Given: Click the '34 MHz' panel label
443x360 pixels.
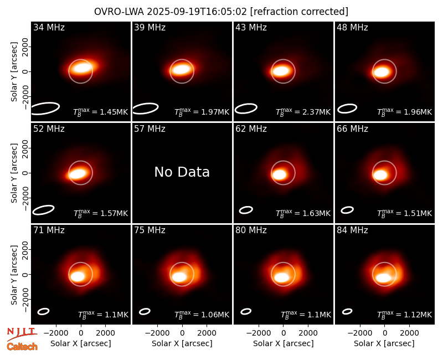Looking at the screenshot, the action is tap(49, 27).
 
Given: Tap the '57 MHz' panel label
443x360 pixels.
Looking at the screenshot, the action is tap(150, 129).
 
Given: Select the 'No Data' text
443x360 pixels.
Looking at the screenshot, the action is tap(182, 172).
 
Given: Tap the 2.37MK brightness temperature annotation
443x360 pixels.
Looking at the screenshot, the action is tap(303, 112).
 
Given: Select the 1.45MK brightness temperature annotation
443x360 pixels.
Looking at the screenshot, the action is tap(101, 112).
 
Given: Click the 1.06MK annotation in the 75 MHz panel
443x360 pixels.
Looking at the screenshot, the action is tap(202, 315).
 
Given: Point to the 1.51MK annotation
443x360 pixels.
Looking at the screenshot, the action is tap(405, 213).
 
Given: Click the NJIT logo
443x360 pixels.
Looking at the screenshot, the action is tap(22, 333).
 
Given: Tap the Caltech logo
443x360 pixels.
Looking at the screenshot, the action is tap(22, 347).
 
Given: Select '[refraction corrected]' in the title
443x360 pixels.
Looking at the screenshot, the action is tap(299, 12).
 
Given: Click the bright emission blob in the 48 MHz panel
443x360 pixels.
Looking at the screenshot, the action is tap(382, 71).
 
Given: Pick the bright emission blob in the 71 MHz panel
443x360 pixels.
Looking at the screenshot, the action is tap(78, 276).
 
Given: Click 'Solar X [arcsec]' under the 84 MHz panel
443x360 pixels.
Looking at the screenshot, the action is tap(384, 343).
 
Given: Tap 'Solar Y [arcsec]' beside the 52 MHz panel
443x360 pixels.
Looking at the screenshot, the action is tap(14, 173).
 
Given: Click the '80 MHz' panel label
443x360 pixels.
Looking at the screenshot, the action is tap(251, 230).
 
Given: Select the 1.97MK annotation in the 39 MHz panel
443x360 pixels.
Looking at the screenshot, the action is tap(202, 112).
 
